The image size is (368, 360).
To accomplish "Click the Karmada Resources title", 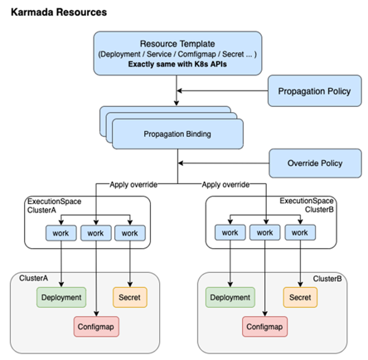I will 58,12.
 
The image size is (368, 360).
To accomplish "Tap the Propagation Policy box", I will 314,91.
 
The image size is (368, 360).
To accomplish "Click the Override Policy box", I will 314,163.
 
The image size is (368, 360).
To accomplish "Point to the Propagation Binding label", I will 178,134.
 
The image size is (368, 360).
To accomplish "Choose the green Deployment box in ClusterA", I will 61,297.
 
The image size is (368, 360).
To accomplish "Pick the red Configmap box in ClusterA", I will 96,327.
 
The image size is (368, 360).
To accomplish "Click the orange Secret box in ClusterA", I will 130,297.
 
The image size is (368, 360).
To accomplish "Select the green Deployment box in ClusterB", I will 230,297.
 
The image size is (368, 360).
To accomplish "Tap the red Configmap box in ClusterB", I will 265,327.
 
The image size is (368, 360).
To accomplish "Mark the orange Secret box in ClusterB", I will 300,297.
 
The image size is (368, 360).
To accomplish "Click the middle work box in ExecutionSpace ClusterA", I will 96,233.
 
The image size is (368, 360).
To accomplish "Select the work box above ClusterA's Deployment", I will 61,233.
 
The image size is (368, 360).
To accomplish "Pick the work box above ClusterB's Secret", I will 300,233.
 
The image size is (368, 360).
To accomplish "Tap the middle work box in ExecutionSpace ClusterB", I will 265,233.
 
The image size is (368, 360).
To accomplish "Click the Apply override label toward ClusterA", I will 133,185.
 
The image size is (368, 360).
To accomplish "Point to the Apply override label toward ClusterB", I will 226,185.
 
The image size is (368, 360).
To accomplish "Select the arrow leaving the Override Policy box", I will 224,163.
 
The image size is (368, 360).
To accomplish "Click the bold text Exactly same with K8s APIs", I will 178,64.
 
